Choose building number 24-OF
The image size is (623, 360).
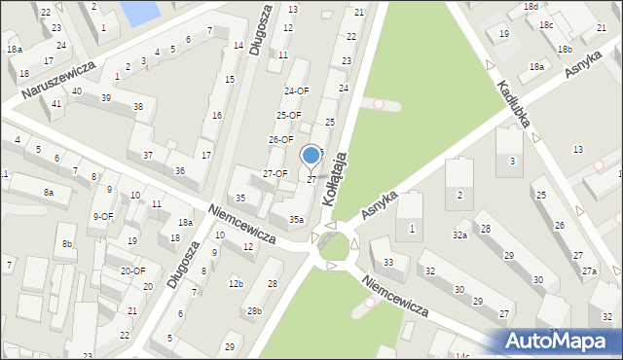coord(296,90)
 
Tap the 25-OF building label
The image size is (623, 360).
coord(288,115)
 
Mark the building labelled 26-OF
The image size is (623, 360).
coord(280,139)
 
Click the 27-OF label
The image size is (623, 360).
coord(275,173)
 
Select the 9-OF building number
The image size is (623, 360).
coord(102,216)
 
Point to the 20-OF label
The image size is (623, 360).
coord(132,270)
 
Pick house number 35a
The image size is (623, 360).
coord(296,220)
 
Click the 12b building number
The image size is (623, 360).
coord(235,283)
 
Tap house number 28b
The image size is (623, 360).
coord(254,310)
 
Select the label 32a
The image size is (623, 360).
coord(459,234)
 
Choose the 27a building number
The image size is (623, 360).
coord(589,270)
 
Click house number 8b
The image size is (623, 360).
coord(67,242)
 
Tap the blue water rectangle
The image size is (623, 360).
coord(137,12)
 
